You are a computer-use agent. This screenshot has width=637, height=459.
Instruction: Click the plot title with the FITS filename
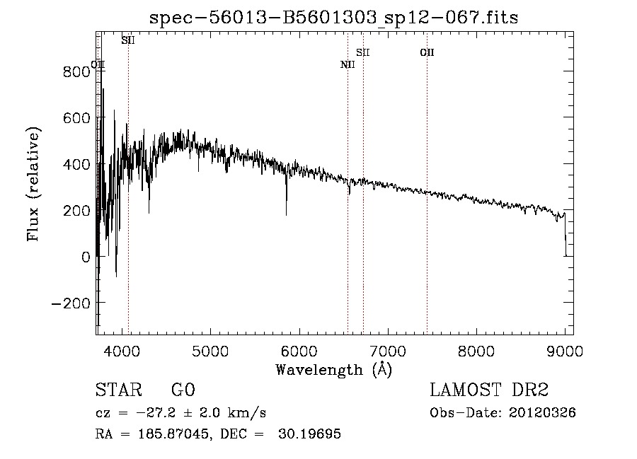click(334, 18)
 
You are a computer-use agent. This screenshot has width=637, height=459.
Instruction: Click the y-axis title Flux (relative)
click(33, 184)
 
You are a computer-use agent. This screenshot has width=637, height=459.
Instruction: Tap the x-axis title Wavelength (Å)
click(333, 369)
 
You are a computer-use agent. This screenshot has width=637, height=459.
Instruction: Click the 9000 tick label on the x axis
click(565, 350)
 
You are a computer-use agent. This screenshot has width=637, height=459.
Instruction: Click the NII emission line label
click(348, 65)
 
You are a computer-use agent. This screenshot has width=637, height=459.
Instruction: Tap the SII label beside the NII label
click(363, 52)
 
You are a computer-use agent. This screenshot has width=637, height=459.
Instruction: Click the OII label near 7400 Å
click(427, 52)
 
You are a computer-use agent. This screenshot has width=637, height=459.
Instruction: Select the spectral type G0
click(183, 390)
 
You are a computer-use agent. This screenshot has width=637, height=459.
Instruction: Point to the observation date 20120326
click(542, 413)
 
